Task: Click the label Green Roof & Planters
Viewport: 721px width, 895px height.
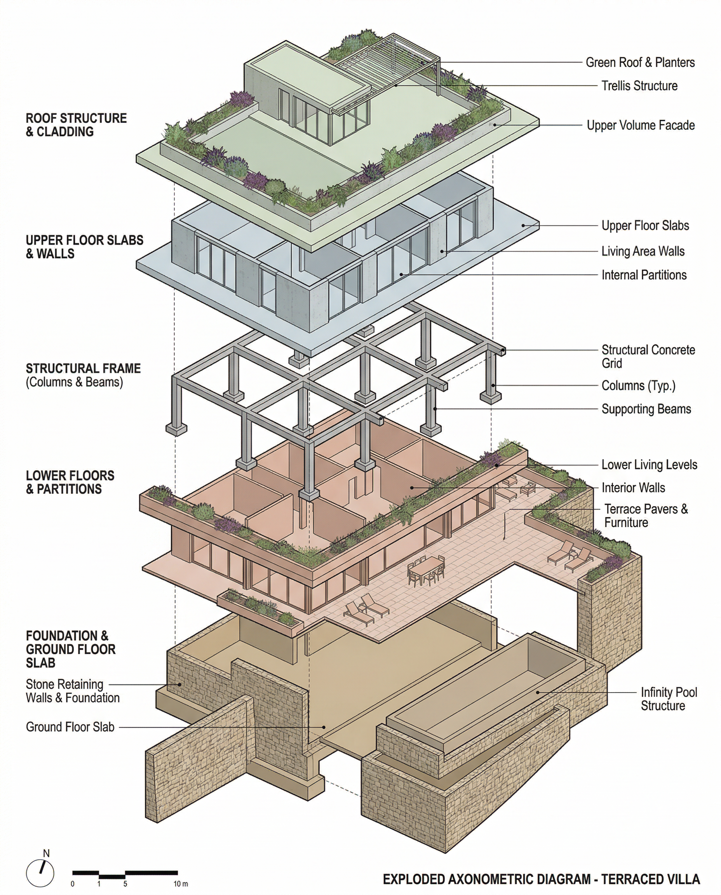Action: tap(640, 63)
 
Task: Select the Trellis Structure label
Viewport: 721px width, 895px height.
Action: tap(639, 86)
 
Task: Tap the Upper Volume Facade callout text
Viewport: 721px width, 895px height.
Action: tap(641, 125)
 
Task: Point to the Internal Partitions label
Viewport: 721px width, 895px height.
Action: tap(644, 275)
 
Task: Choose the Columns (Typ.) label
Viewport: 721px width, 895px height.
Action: tap(638, 386)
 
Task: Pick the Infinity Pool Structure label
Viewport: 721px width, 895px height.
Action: tap(669, 699)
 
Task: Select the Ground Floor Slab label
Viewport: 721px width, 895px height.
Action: tap(70, 727)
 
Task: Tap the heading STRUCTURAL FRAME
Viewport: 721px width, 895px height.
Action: tap(83, 368)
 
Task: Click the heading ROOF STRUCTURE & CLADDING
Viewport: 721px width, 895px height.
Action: tap(76, 125)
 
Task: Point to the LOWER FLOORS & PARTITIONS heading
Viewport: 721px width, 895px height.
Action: tap(70, 482)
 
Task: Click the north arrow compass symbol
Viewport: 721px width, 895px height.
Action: tap(40, 872)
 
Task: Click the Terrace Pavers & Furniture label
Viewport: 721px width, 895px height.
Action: tap(646, 516)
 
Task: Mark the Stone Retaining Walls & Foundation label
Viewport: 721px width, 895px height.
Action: tap(73, 691)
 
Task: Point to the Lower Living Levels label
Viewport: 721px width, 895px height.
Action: tap(649, 465)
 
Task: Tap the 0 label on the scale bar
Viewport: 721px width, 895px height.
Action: tap(73, 884)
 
